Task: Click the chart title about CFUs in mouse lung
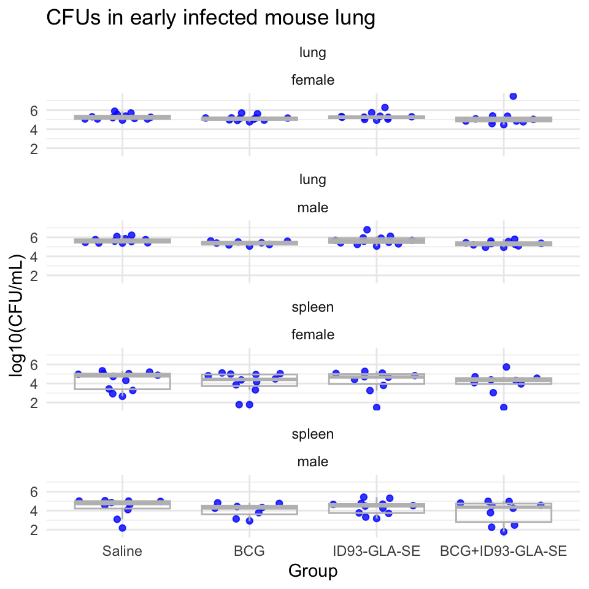(210, 18)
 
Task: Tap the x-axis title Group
(313, 571)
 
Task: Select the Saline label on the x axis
(122, 551)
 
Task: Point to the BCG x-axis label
(249, 551)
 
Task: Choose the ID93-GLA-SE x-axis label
(376, 551)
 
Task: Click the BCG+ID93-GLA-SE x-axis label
(503, 551)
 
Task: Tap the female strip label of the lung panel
(313, 80)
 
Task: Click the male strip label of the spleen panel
(313, 461)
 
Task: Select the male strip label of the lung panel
(313, 207)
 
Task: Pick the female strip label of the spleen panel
(313, 334)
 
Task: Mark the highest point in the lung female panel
(513, 96)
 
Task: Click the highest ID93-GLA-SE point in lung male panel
(367, 229)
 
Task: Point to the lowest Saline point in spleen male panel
(122, 528)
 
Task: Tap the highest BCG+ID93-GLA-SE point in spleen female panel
(506, 367)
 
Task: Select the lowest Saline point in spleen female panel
(123, 396)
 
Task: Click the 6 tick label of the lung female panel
(34, 110)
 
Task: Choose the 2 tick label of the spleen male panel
(34, 529)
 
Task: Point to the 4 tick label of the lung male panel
(34, 256)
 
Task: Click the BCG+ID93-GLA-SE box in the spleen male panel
(503, 513)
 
